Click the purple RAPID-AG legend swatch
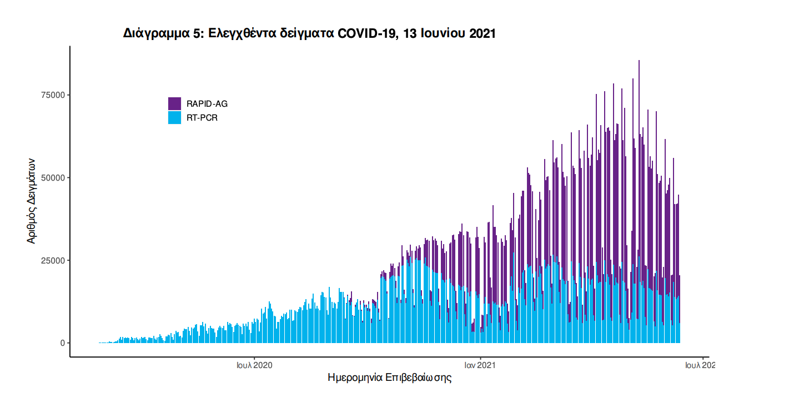tap(174, 103)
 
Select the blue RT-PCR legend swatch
tap(174, 117)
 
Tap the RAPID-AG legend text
tap(207, 104)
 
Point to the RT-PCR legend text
tap(202, 118)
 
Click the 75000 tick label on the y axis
tap(53, 95)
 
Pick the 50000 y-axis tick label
tap(53, 178)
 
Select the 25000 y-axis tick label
tap(53, 260)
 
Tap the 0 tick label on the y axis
tap(63, 343)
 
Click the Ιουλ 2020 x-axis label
tap(254, 365)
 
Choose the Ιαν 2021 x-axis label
tap(480, 365)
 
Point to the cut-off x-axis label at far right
tap(700, 365)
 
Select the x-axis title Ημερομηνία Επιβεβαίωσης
tap(390, 378)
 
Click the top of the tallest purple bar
tap(639, 61)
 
